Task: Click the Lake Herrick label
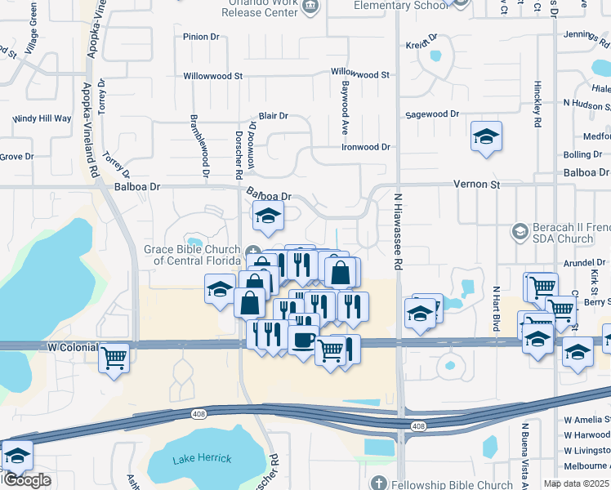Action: click(202, 460)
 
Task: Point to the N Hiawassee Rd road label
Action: click(399, 232)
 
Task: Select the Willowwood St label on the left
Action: click(213, 75)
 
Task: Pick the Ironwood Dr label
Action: click(365, 147)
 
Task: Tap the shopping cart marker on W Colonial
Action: click(114, 356)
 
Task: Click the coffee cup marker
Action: click(304, 338)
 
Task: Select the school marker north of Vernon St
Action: click(486, 136)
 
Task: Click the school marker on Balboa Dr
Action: click(267, 217)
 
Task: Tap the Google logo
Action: click(27, 480)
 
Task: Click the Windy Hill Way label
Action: click(42, 118)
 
